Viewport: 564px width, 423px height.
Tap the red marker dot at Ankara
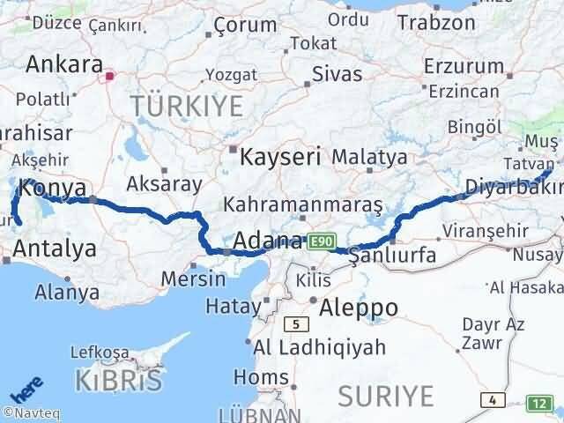pos(109,76)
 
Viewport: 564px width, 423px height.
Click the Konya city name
pos(52,188)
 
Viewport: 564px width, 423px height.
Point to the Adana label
pos(270,241)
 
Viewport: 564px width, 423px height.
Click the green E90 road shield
pos(320,240)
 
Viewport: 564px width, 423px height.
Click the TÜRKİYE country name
pos(186,107)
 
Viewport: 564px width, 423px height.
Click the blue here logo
pos(27,391)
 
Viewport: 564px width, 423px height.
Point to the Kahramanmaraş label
pos(302,204)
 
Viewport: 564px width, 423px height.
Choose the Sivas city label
pos(338,74)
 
